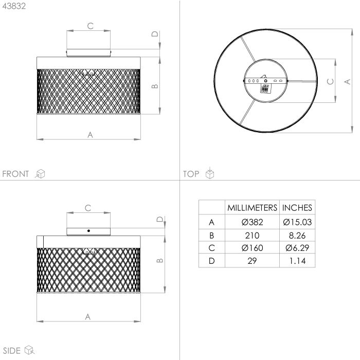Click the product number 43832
(14, 6)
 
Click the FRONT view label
(15, 174)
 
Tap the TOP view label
(191, 174)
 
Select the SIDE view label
(12, 351)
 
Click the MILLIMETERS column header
(252, 208)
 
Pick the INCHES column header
(297, 208)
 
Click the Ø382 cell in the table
(252, 222)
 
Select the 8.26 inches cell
(297, 236)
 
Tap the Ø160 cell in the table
(252, 248)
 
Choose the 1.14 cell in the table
(297, 261)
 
